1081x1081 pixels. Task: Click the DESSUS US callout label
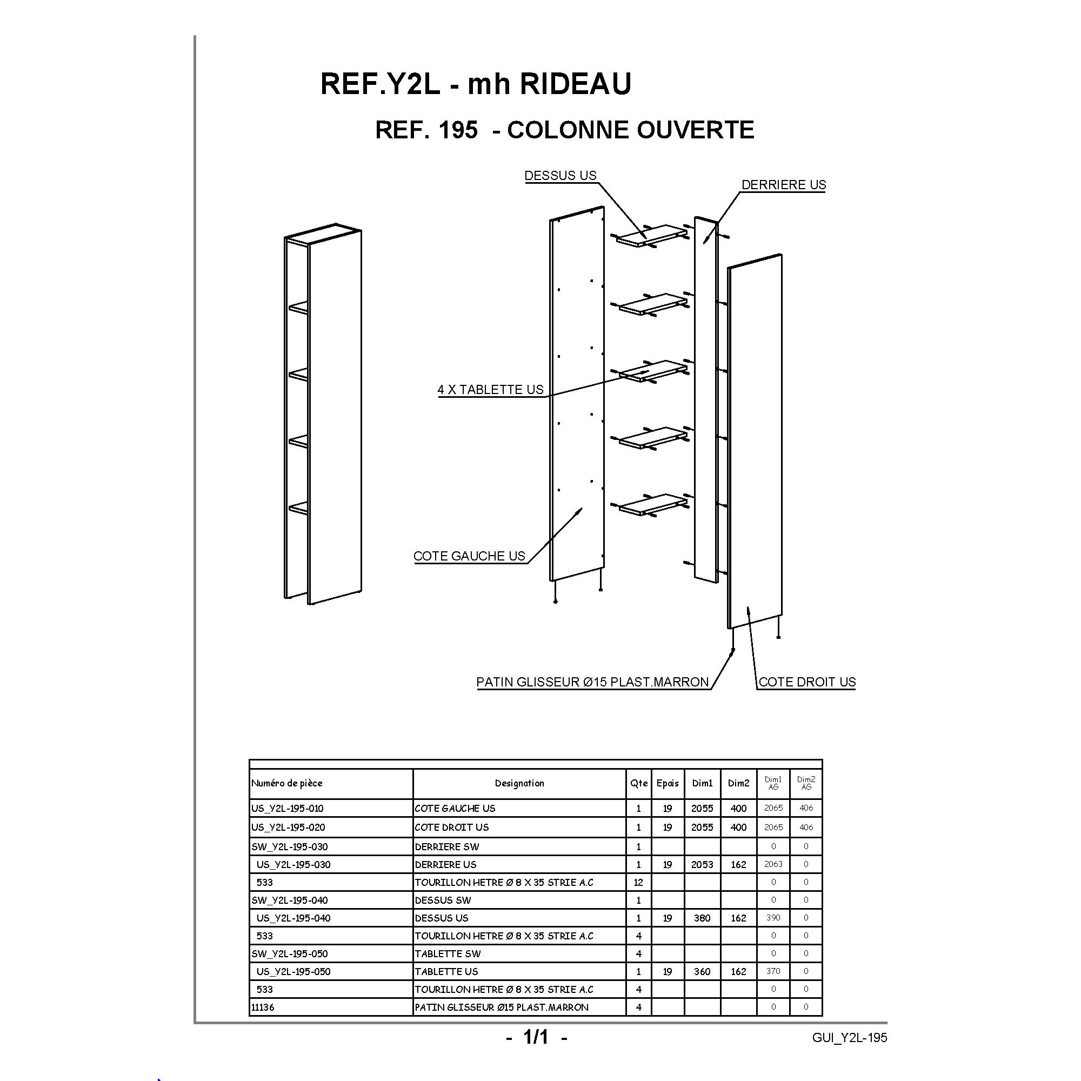[560, 176]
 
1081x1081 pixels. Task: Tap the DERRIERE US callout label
[783, 185]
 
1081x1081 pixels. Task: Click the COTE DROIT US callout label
[807, 682]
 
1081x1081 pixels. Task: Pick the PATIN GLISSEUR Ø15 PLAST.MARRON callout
[593, 682]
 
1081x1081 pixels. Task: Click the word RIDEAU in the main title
[576, 84]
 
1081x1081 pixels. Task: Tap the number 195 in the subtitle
[459, 130]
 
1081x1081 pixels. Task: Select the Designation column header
[519, 783]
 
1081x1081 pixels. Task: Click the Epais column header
[668, 783]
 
